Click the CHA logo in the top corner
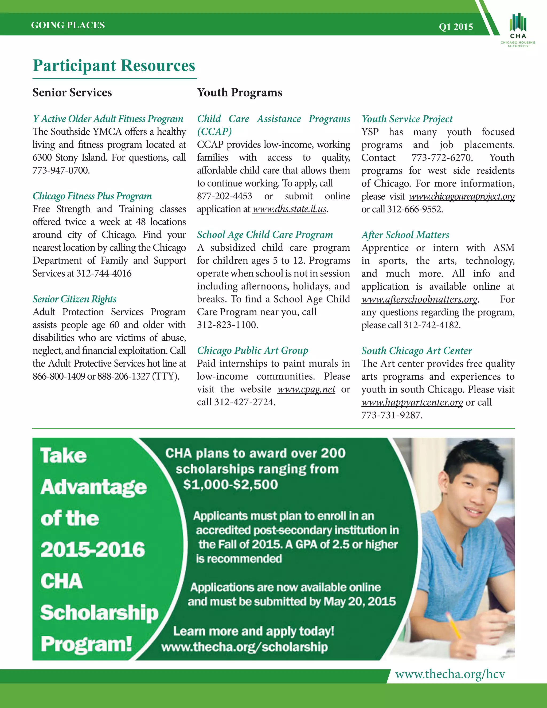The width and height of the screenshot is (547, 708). tap(518, 29)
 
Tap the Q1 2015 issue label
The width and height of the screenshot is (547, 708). tap(456, 26)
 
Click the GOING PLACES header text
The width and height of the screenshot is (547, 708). tap(68, 25)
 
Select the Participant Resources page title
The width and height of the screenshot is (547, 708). tap(114, 65)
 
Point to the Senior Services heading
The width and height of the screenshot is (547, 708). tap(72, 92)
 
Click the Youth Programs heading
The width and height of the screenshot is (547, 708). tap(240, 92)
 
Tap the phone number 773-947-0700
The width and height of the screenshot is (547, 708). tap(61, 170)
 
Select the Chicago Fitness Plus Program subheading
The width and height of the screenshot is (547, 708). tap(92, 196)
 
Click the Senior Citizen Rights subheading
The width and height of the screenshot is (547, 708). tap(74, 299)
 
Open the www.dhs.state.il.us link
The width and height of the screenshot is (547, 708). tap(289, 209)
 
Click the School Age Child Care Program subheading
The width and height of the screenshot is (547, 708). tap(265, 235)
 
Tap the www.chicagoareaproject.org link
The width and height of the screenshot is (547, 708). tap(462, 196)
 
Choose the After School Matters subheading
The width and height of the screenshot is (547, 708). tap(405, 235)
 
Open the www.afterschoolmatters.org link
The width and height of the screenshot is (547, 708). tap(420, 299)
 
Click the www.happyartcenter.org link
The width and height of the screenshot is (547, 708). tap(412, 402)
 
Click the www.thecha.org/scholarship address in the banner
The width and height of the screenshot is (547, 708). tap(244, 647)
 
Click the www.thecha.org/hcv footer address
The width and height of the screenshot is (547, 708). tap(450, 674)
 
